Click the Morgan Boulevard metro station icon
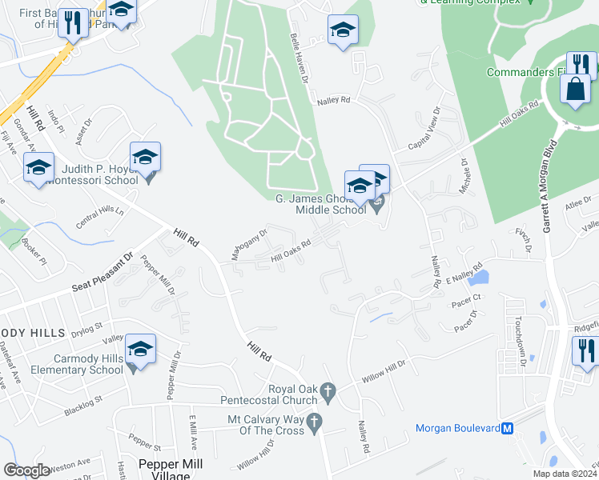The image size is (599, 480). coord(507,428)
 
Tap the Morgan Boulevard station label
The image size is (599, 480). coord(457,428)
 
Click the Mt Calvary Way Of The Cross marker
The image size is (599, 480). coord(315,421)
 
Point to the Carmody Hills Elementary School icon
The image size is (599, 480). coord(140,349)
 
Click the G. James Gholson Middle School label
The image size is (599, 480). coord(320,204)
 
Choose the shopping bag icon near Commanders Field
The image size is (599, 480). coord(576,90)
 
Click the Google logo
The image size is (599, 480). coord(26,470)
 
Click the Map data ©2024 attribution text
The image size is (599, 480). coord(565,474)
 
